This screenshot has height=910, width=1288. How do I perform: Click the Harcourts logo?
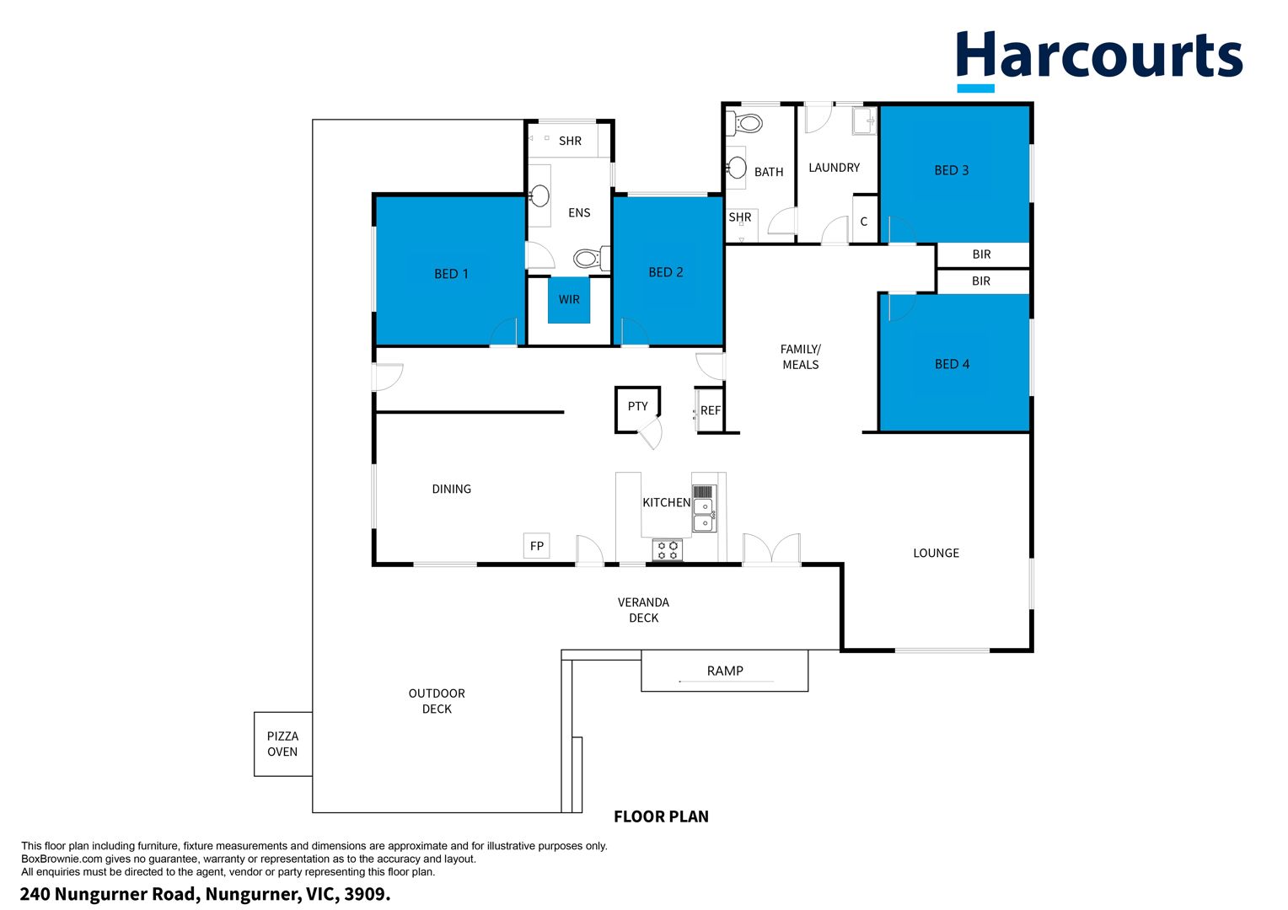[1099, 61]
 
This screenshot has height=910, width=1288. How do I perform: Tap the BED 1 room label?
[451, 274]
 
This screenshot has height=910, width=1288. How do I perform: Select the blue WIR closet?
[569, 300]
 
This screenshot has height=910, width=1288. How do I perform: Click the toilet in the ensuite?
[591, 259]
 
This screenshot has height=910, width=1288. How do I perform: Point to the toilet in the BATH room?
[744, 123]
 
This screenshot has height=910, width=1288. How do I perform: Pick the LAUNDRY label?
[835, 168]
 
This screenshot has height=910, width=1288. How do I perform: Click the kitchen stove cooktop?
[668, 550]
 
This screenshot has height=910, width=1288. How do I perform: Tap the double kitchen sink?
[705, 515]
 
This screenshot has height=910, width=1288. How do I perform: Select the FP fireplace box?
[536, 546]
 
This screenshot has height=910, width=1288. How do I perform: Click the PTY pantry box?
[637, 409]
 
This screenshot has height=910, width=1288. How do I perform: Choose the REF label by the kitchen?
[710, 411]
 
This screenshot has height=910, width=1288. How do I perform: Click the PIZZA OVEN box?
[283, 745]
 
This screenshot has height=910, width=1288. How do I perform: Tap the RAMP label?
[725, 671]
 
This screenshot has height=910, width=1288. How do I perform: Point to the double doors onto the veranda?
[771, 549]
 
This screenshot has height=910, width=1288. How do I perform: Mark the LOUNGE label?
[936, 554]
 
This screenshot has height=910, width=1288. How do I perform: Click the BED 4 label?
[953, 365]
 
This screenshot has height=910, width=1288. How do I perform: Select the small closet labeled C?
[864, 219]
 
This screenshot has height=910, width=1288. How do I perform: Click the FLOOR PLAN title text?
[661, 816]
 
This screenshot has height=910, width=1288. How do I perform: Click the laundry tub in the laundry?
[864, 120]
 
